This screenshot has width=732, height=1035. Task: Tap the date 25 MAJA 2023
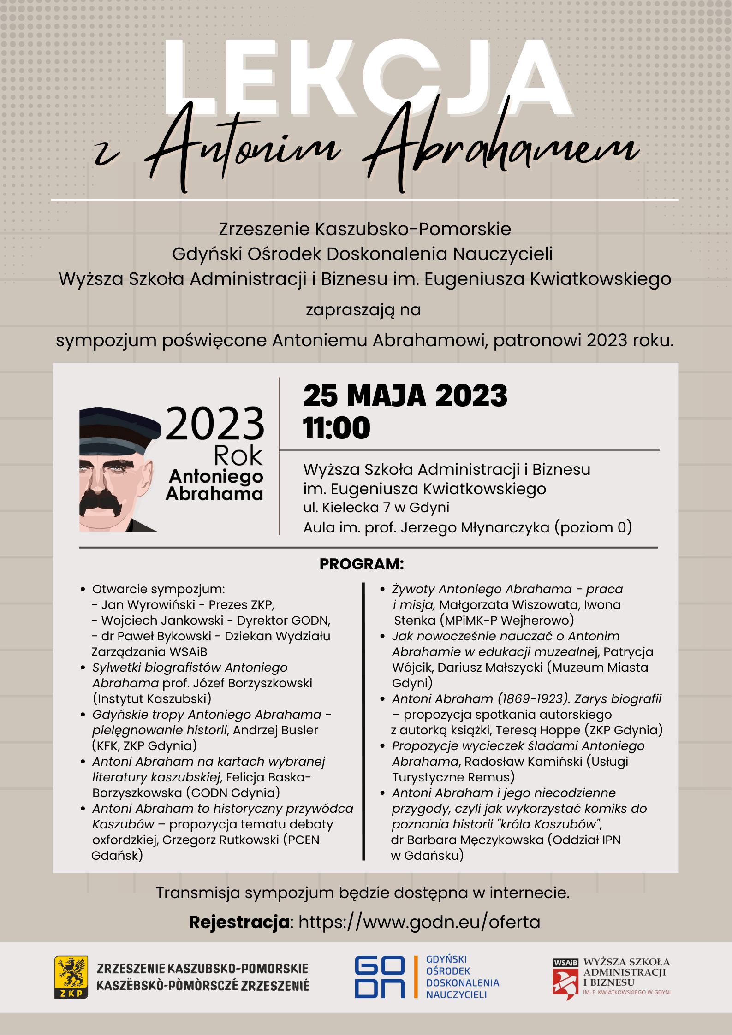[405, 396]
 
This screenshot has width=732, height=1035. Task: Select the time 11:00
[337, 428]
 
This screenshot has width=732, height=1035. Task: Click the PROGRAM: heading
[362, 564]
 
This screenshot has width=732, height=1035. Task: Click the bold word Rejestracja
[239, 922]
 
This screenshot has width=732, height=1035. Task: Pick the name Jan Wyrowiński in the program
[148, 604]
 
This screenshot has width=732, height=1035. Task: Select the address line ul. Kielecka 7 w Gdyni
[376, 507]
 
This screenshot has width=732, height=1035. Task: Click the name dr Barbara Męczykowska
[467, 840]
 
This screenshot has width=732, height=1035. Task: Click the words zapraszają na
[363, 309]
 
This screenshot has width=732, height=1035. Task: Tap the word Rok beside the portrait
[238, 456]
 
